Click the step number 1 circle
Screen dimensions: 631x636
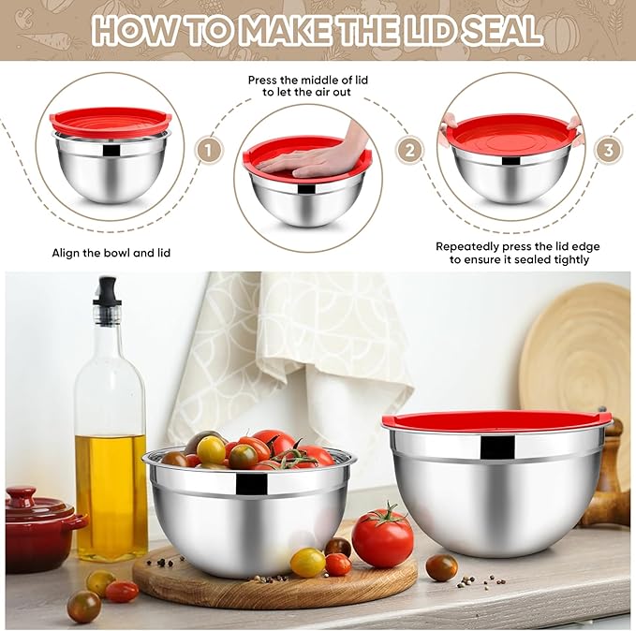(209, 150)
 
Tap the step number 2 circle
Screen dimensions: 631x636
(408, 150)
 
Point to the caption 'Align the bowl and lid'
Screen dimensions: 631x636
(111, 253)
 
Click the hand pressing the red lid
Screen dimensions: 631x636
(323, 156)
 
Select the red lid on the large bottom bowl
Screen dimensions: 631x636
(496, 420)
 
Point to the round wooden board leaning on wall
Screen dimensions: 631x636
(577, 346)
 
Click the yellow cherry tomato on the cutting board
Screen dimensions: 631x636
(307, 562)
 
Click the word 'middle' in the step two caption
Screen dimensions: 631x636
(333, 81)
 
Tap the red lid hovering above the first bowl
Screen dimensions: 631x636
(111, 122)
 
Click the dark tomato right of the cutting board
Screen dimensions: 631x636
(441, 567)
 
